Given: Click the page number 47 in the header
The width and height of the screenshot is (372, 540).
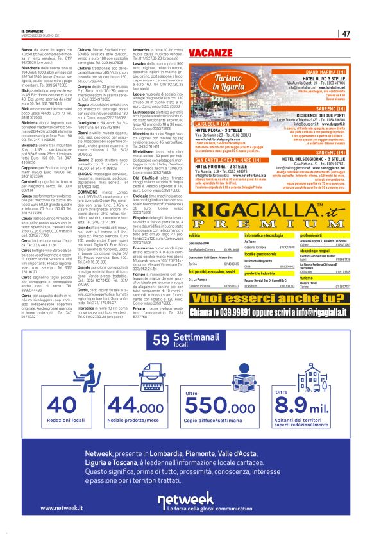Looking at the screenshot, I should (346, 33).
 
